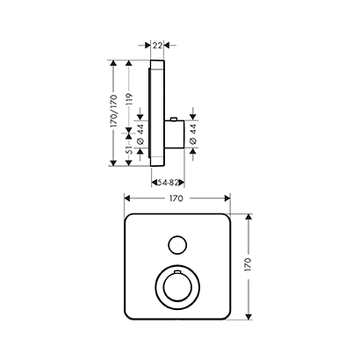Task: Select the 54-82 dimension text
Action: pyautogui.click(x=164, y=182)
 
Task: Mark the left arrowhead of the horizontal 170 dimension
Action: pyautogui.click(x=126, y=200)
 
